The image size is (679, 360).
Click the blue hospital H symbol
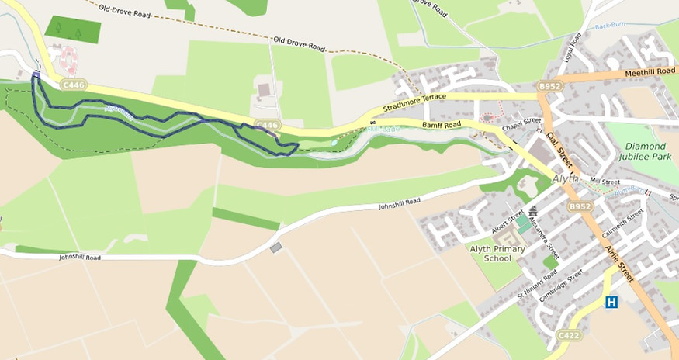[x=611, y=302]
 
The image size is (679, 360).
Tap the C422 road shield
[x=569, y=334]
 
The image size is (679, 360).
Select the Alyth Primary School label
[x=497, y=254]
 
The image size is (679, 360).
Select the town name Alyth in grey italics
[x=566, y=178]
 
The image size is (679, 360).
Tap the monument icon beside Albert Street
[x=533, y=211]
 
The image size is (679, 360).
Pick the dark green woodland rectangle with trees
[x=72, y=29]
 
